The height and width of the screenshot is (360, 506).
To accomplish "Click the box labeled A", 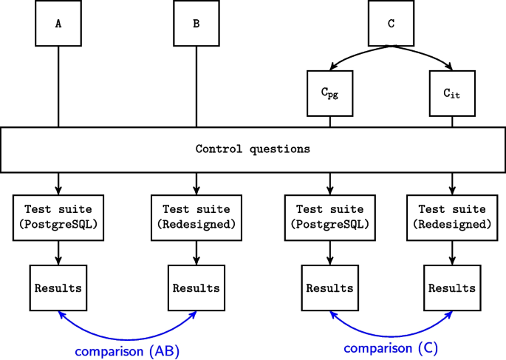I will click(x=58, y=23).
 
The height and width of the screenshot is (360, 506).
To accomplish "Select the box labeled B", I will click(x=196, y=23).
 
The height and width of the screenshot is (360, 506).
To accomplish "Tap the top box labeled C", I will click(x=391, y=23).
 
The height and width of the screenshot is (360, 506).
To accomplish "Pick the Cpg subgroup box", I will click(x=329, y=92).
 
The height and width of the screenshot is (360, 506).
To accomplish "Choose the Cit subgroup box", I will click(x=451, y=92).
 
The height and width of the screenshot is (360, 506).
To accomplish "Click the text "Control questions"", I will click(x=253, y=149).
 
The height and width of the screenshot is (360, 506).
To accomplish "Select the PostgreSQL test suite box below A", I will click(x=58, y=217).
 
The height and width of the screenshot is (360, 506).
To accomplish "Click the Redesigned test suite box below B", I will click(x=196, y=217).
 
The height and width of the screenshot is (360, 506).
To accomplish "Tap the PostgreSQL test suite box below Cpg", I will click(x=329, y=217).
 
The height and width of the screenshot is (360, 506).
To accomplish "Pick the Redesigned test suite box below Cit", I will click(x=451, y=217).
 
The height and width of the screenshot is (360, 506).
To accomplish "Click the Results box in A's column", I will click(x=58, y=288).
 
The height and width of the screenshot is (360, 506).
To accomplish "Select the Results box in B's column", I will click(x=196, y=288).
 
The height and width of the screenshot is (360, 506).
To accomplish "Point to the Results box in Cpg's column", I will click(x=329, y=288).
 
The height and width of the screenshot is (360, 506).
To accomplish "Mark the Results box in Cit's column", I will click(x=451, y=288).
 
